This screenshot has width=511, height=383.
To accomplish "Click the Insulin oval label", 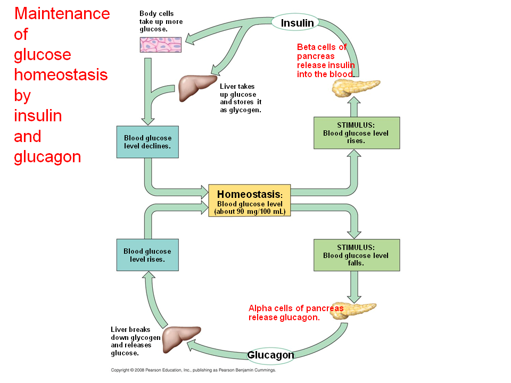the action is [295, 22].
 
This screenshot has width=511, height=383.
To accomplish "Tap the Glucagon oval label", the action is [270, 355].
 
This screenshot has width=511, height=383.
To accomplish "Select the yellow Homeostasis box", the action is [249, 201].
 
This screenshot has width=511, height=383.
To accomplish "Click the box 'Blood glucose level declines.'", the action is [147, 142].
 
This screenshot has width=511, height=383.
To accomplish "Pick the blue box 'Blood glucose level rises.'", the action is [147, 255].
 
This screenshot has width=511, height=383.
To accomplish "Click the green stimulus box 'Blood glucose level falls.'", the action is [357, 255].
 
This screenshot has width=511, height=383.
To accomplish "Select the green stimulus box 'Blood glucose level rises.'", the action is [357, 133].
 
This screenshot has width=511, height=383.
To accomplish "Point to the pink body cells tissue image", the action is [161, 45].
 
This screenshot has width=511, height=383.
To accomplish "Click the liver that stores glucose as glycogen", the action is [197, 88].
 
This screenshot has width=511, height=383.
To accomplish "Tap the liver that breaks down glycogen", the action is [181, 339].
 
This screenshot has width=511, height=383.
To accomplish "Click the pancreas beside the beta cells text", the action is [356, 88].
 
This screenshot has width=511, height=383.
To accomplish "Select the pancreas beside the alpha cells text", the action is [353, 311].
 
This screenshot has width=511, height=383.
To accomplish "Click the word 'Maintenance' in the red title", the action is [62, 14].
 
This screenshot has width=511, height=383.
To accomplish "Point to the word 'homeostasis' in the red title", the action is [61, 75].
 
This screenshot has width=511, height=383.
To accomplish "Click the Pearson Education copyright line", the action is [193, 370].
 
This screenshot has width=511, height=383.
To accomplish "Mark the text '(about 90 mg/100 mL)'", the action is [250, 212].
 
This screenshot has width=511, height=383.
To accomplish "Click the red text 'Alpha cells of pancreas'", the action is [296, 308].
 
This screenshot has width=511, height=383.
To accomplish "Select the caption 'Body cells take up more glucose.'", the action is [161, 21].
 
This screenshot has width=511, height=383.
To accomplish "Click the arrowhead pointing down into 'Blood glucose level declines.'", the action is [148, 121].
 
